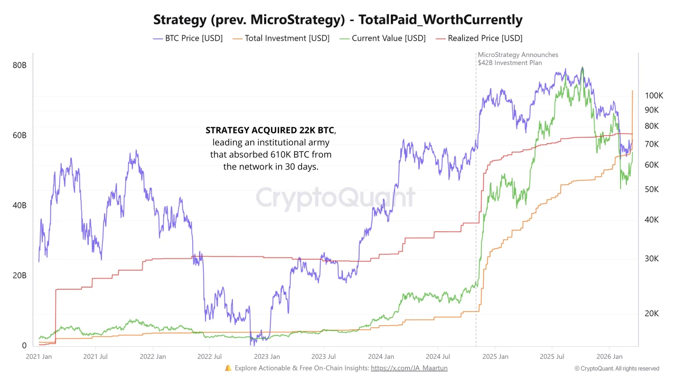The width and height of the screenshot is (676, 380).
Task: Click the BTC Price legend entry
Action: point(188,38)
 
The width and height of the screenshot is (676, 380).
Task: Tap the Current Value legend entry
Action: point(383,38)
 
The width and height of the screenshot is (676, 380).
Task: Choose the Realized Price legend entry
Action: point(479,38)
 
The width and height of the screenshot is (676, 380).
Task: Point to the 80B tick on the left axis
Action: point(20,65)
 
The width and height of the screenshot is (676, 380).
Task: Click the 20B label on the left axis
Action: point(20,275)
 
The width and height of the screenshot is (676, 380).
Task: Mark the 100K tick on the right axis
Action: point(654,96)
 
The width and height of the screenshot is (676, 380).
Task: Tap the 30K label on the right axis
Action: point(652,259)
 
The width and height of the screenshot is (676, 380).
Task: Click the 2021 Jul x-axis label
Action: point(95,357)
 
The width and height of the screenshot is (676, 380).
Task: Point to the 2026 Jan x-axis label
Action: point(609,357)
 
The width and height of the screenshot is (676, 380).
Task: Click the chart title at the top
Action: point(338,20)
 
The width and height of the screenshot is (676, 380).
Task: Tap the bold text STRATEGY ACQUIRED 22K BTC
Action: point(270,130)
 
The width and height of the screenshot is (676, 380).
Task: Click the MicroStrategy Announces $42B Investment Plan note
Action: point(518,59)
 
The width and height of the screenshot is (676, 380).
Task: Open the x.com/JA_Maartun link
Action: point(409,368)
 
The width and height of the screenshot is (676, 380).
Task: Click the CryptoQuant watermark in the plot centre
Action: point(336,197)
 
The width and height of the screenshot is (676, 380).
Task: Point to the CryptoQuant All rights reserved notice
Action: point(617,368)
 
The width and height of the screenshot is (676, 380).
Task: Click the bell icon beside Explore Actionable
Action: point(228,368)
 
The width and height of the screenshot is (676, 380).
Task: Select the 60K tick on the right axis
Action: point(652,165)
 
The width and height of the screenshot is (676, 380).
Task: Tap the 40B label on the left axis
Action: point(20,205)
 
